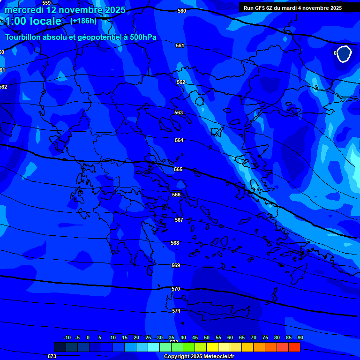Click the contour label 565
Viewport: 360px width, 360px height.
tap(178, 169)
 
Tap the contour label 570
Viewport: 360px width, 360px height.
tap(176, 289)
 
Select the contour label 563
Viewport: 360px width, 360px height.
tap(179, 112)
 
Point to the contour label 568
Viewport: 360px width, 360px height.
tap(175, 243)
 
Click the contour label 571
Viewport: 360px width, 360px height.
tap(176, 311)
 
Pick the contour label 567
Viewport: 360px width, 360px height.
tap(179, 220)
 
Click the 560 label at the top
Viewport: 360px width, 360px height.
tap(182, 11)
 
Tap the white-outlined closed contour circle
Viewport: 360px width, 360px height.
tap(345, 54)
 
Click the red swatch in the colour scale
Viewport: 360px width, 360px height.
tap(294, 347)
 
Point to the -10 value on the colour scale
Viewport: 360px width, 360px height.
tap(67, 337)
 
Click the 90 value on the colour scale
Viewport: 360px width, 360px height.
tap(300, 337)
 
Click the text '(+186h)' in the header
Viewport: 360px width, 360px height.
tap(83, 21)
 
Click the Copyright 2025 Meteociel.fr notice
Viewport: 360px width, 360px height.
tap(199, 356)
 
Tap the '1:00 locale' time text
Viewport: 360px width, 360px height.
tap(33, 21)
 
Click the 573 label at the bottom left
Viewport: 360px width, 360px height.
tap(52, 356)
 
